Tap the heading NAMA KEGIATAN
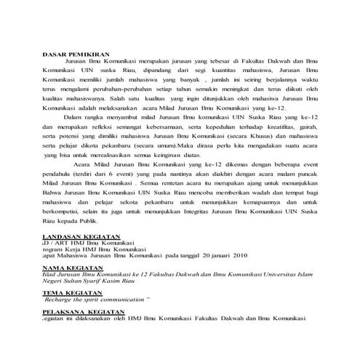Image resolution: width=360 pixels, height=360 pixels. pyautogui.click(x=71, y=268)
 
